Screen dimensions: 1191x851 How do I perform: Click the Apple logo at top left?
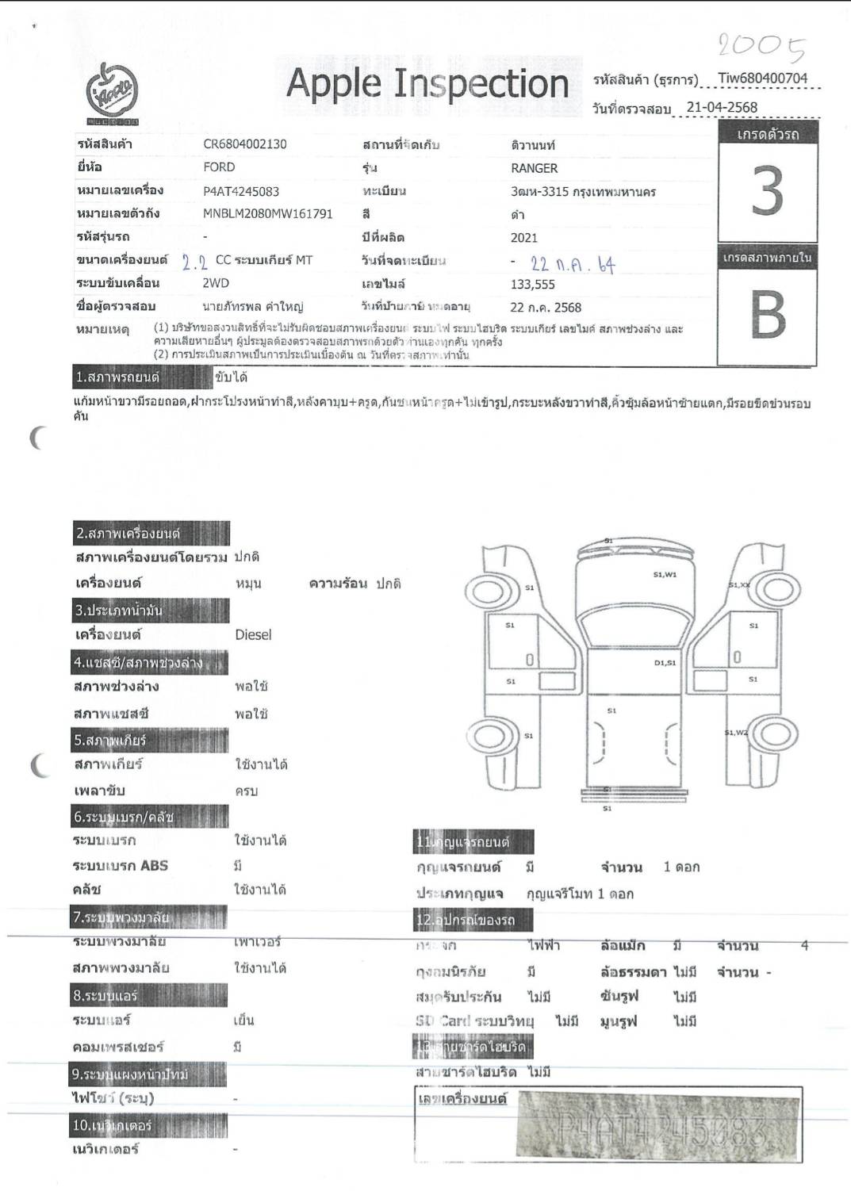tap(112, 94)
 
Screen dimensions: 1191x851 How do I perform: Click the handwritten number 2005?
tap(761, 47)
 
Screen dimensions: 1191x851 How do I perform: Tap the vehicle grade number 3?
tap(767, 192)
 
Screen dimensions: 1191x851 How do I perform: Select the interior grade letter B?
tap(767, 315)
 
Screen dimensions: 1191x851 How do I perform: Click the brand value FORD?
tap(219, 167)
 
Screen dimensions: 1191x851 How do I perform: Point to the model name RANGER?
tap(534, 168)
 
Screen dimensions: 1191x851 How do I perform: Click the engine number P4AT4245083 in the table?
tap(241, 191)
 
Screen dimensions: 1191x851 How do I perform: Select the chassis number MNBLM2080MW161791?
tap(267, 213)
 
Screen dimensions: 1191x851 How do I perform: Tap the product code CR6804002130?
tap(245, 144)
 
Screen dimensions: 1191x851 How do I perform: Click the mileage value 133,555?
tap(532, 285)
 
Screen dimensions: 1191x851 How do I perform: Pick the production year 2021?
tap(523, 238)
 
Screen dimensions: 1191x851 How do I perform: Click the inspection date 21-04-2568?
tap(722, 108)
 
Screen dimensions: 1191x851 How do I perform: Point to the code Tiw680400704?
tap(762, 79)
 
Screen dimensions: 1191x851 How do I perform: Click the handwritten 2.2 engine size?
tap(194, 262)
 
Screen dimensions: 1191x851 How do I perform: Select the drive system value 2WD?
tap(216, 283)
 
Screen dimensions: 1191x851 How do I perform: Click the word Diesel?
tap(253, 635)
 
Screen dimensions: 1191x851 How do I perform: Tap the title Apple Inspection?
tap(427, 84)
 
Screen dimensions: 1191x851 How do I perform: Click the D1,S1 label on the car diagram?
tap(665, 663)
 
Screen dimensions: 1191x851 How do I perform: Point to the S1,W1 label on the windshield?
tap(665, 575)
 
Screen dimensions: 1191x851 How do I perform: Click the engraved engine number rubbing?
tap(657, 1125)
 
